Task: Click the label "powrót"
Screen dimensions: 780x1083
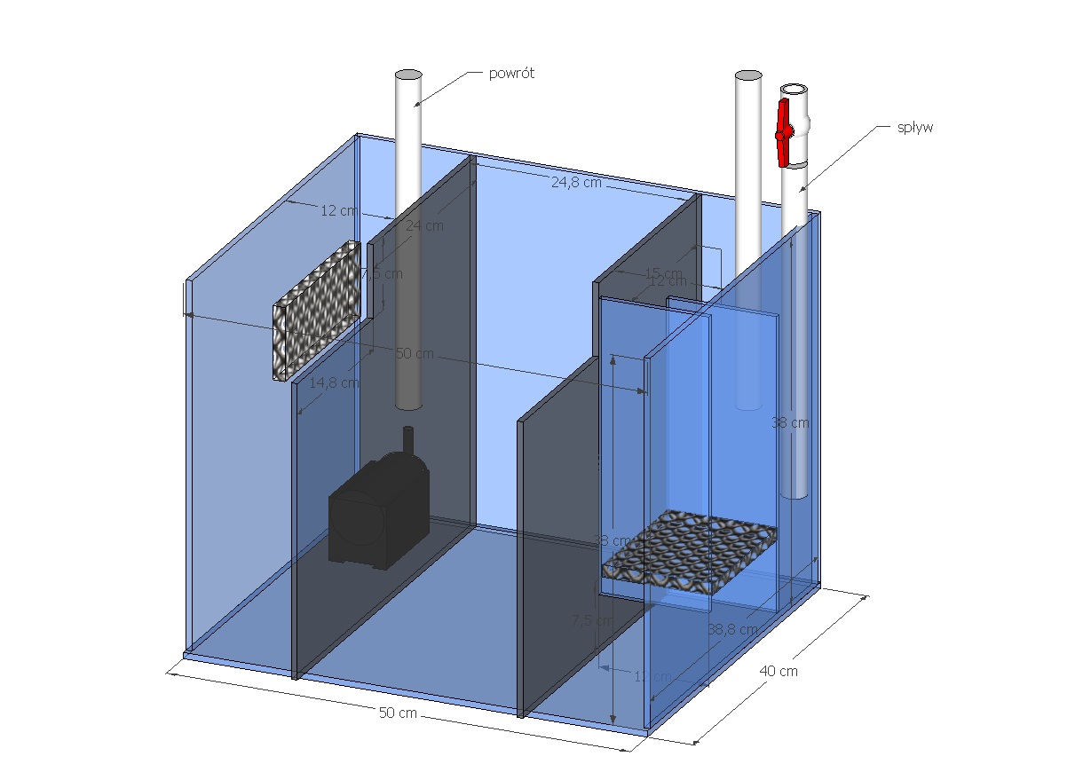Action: pos(511,74)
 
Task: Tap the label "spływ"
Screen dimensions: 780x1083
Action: pos(915,128)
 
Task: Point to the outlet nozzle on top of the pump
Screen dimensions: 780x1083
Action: pos(408,439)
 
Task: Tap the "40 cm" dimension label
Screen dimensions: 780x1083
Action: pos(778,671)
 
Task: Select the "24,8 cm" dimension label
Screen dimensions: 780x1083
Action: pos(576,183)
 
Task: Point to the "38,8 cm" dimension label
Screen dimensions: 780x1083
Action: pos(732,629)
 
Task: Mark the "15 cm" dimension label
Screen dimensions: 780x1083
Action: pos(663,272)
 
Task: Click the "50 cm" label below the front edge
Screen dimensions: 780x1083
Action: pos(398,713)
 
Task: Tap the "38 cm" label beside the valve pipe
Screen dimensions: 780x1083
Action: pos(790,423)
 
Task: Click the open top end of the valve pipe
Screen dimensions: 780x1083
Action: pos(794,90)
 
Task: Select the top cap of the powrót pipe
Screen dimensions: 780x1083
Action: pos(408,75)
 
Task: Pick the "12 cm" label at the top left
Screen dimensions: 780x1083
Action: pos(338,210)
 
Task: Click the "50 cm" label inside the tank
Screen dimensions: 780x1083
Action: pos(415,353)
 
